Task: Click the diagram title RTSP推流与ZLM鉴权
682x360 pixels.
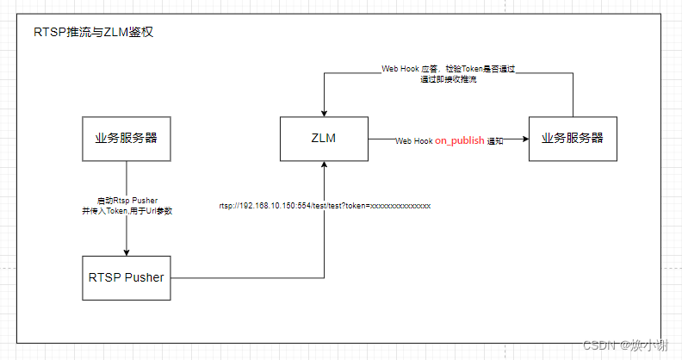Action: click(x=93, y=34)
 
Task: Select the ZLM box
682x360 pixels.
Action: click(x=324, y=139)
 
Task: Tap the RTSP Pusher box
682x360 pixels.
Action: click(x=127, y=277)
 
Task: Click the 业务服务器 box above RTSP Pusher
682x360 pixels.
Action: click(x=127, y=138)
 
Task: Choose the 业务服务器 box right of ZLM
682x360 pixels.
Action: click(x=573, y=138)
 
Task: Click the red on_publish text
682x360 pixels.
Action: click(x=460, y=140)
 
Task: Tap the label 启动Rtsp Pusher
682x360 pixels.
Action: click(x=127, y=199)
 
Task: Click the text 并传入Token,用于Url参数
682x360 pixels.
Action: click(x=127, y=210)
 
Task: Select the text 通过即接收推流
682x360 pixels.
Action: click(x=448, y=79)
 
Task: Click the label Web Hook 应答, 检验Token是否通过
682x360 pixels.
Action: click(x=448, y=68)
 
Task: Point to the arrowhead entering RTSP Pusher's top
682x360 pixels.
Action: click(x=127, y=252)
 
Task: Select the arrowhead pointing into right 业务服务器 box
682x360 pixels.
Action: click(x=524, y=139)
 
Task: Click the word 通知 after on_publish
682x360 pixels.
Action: click(x=495, y=140)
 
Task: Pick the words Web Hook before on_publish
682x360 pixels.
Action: click(x=413, y=140)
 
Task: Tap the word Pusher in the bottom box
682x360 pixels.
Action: click(x=144, y=277)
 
